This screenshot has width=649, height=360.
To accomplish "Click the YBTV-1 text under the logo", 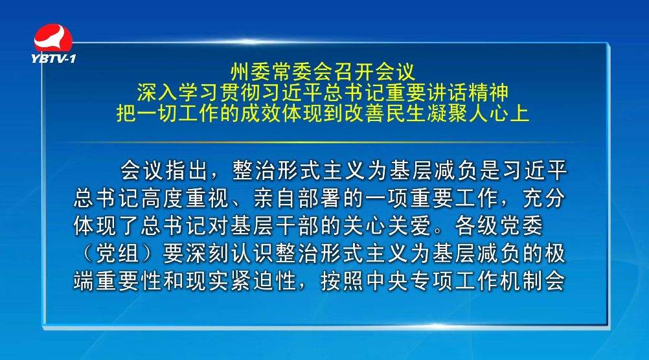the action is [53, 59].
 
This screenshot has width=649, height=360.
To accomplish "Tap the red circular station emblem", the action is [53, 39].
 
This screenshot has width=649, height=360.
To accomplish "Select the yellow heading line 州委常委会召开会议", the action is [323, 72].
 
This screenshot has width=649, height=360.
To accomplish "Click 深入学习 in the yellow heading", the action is [178, 93].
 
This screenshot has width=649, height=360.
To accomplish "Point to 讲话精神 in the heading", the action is [468, 93].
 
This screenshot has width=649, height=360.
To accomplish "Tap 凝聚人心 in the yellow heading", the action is [468, 113].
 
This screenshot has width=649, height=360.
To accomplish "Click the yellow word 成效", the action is [261, 113].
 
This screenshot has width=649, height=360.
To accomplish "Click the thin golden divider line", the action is [323, 142].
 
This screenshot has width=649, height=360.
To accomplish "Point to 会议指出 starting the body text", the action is [164, 170].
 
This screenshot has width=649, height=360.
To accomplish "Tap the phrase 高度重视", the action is [186, 198].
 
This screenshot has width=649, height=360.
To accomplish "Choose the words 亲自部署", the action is [297, 198].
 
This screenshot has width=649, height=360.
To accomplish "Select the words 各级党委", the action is [499, 226].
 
